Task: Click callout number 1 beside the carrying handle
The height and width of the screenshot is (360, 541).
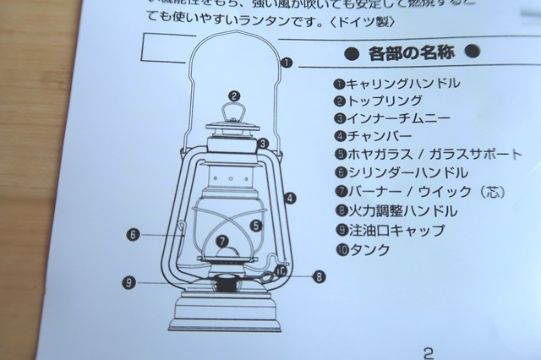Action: (287, 62)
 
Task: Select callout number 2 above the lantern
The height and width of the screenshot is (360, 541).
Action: (234, 96)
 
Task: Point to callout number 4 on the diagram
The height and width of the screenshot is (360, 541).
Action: (290, 199)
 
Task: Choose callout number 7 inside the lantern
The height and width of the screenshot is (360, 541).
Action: (222, 241)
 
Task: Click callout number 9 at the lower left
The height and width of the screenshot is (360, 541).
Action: (128, 281)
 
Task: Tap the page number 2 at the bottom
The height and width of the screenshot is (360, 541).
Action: (428, 352)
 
